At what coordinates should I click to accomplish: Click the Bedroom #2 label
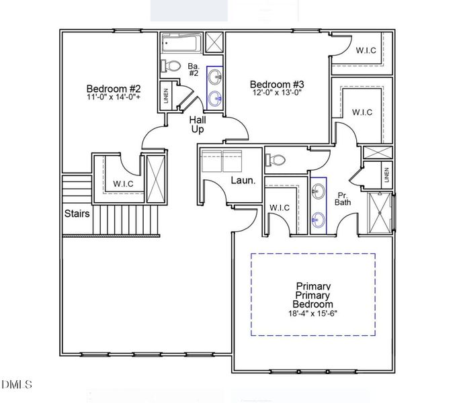click(113, 88)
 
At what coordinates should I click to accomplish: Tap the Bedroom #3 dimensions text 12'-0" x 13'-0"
click(277, 93)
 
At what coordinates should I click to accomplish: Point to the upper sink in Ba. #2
click(215, 75)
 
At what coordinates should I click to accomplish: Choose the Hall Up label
click(197, 124)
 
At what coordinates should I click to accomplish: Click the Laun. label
click(242, 180)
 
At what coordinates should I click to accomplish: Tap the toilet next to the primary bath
click(276, 160)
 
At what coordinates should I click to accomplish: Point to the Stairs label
click(77, 214)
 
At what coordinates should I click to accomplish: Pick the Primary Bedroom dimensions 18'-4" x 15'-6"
click(314, 313)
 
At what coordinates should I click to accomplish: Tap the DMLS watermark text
click(17, 384)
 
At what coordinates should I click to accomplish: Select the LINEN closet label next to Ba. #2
click(166, 97)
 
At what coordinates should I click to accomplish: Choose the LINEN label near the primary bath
click(386, 174)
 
